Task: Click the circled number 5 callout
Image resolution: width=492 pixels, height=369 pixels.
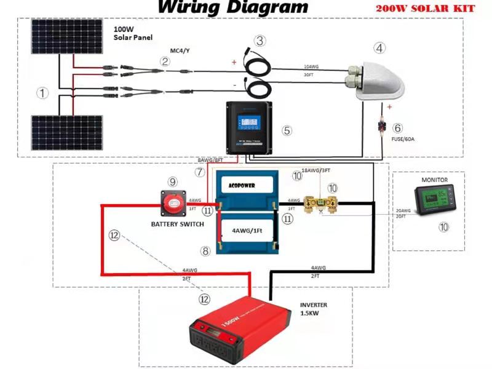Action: click(x=287, y=130)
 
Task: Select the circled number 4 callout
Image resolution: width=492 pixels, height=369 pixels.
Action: click(x=380, y=47)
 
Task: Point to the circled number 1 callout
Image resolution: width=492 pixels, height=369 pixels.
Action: click(x=42, y=93)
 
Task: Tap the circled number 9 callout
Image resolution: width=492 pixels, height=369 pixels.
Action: click(x=173, y=182)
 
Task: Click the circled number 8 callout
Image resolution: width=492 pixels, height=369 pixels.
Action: click(x=205, y=251)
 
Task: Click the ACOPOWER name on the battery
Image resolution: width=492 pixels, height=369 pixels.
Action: click(x=241, y=184)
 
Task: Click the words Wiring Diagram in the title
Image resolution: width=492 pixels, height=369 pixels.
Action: click(x=233, y=7)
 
